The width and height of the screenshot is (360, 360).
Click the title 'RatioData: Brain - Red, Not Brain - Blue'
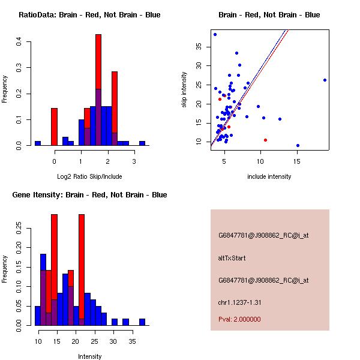(89, 15)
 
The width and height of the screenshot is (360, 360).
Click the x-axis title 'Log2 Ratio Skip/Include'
(89, 176)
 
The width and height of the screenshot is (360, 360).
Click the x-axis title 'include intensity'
(269, 176)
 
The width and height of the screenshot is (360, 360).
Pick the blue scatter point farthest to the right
(325, 80)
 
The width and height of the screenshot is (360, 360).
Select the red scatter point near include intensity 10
(265, 140)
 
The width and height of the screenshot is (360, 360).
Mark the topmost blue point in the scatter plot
(215, 34)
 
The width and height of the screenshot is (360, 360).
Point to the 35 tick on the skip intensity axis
(206, 46)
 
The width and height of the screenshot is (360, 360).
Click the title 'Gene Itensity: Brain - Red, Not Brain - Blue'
(89, 195)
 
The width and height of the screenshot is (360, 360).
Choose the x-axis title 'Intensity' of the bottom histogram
(89, 356)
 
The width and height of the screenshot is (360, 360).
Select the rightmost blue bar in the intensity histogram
(142, 322)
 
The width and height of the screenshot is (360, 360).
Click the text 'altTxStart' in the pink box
(232, 259)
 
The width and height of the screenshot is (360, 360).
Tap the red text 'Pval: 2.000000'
(239, 319)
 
